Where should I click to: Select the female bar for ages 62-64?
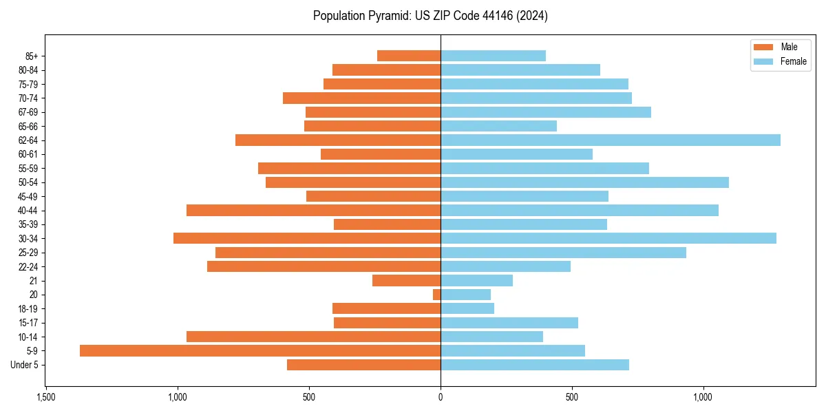(x=610, y=140)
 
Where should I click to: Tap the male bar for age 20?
(x=436, y=295)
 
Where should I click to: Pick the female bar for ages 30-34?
(x=608, y=238)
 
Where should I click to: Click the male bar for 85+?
(x=408, y=56)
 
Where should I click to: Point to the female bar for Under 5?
(x=534, y=365)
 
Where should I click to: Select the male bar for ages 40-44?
(x=313, y=210)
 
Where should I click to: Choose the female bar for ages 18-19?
(x=467, y=308)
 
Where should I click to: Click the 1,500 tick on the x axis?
(x=46, y=398)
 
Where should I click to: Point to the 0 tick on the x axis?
(x=441, y=398)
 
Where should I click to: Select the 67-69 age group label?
(x=28, y=112)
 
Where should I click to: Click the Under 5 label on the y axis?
(x=25, y=365)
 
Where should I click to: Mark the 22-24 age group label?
(x=28, y=266)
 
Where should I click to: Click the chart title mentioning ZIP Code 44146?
(x=430, y=16)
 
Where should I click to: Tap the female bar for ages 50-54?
(x=584, y=182)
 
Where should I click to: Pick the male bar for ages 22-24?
(x=324, y=266)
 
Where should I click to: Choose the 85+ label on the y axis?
(x=32, y=56)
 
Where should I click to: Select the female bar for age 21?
(x=476, y=280)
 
